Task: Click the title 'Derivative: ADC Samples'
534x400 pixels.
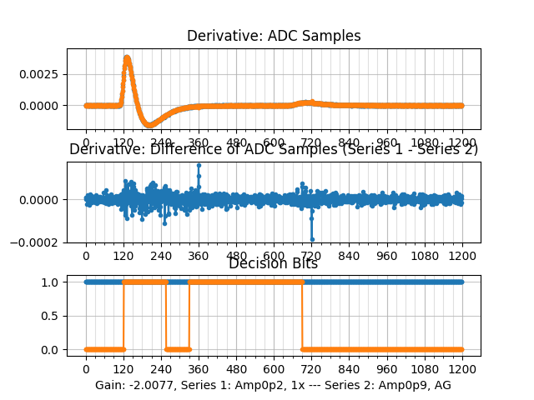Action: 274,36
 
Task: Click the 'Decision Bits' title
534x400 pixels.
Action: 274,263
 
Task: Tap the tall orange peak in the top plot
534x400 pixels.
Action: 127,57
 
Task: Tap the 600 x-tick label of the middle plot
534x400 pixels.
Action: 274,256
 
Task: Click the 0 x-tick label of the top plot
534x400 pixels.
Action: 85,142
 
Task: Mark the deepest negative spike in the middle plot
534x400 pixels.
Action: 312,239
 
